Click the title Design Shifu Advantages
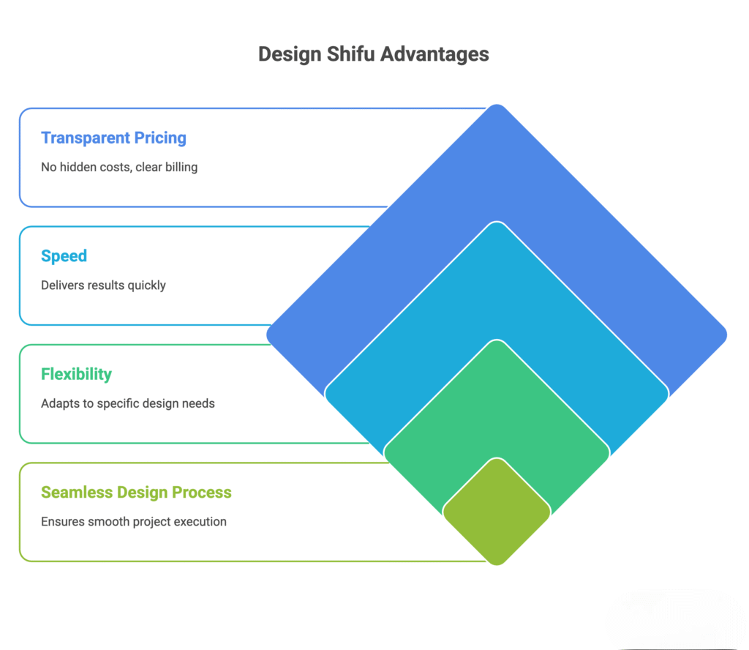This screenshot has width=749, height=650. [x=374, y=54]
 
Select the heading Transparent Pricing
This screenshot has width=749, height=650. [x=113, y=138]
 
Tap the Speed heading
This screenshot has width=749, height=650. [x=64, y=255]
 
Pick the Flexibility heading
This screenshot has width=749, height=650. [x=76, y=374]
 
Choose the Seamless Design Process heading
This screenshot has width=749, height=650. [x=136, y=492]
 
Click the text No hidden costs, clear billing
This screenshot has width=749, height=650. [x=119, y=167]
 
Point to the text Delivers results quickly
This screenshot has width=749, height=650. [x=103, y=285]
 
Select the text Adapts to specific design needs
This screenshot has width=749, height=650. [x=128, y=403]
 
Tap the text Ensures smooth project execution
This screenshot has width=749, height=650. [x=134, y=521]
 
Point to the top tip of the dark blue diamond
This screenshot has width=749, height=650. [x=497, y=108]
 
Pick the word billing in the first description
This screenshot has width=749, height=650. [x=181, y=167]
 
